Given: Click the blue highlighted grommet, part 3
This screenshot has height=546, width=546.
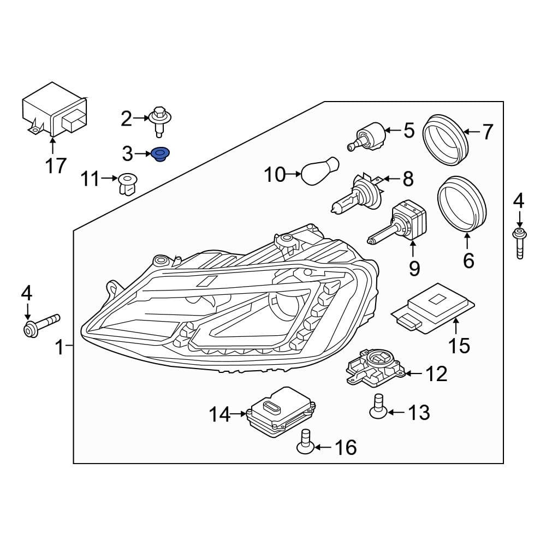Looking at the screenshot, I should [x=160, y=155].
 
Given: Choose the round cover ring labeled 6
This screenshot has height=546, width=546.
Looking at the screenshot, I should [x=463, y=204].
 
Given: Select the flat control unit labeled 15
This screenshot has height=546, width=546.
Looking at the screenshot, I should [x=434, y=306].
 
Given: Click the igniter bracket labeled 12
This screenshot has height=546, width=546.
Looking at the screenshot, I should [x=375, y=367].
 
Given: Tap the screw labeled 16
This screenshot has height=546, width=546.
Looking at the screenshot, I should [x=305, y=442].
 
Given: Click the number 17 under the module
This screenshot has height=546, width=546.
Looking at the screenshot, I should [x=55, y=164].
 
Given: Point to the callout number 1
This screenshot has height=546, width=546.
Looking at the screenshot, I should [x=60, y=347].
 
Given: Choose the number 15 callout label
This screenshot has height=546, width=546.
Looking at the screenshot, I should [x=459, y=345].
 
